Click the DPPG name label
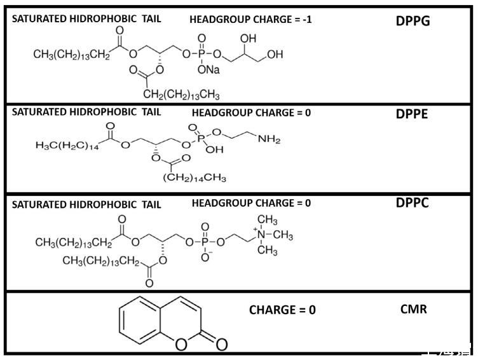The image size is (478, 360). point(413,21)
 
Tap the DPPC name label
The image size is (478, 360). point(413,204)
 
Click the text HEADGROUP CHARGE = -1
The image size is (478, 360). point(250,20)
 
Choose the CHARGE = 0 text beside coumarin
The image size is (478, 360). point(282,310)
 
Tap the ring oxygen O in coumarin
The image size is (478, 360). point(181,344)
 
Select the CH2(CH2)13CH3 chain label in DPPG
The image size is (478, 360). point(181,95)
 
